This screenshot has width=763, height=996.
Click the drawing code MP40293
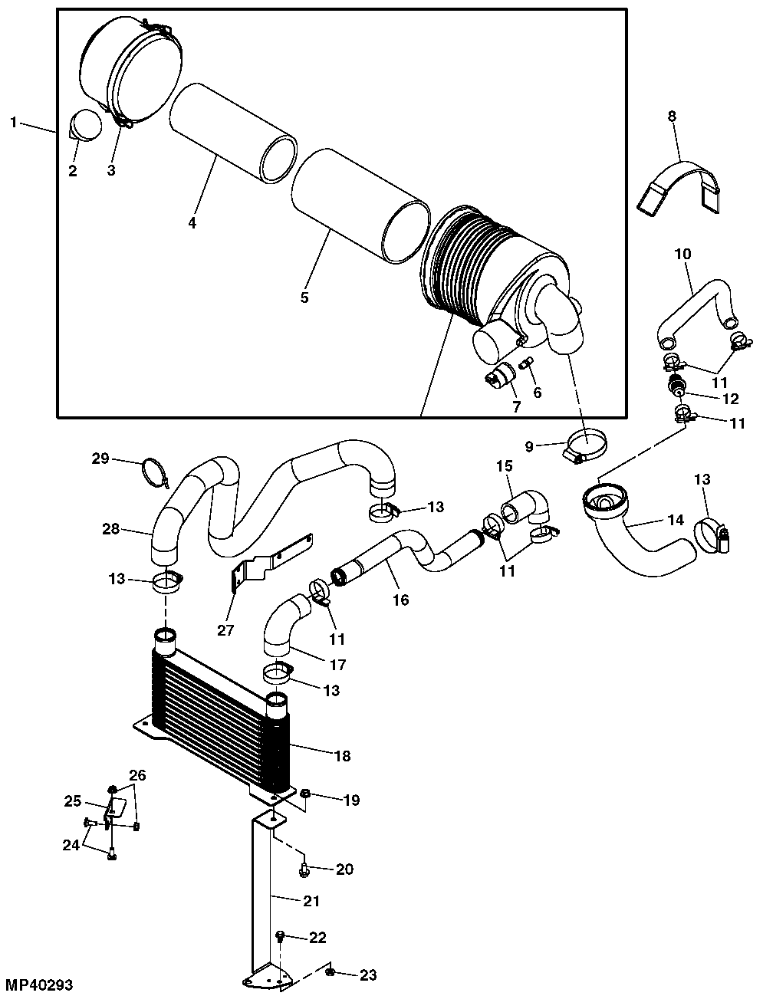pyautogui.click(x=39, y=984)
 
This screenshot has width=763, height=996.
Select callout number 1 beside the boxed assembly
pyautogui.click(x=14, y=123)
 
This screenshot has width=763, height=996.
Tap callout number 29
pyautogui.click(x=100, y=458)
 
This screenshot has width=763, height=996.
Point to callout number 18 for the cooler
pyautogui.click(x=342, y=756)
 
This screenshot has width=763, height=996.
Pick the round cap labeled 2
pyautogui.click(x=86, y=124)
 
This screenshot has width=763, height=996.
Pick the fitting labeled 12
pyautogui.click(x=676, y=383)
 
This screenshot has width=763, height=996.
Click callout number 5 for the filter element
pyautogui.click(x=304, y=297)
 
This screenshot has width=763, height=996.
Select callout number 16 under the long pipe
pyautogui.click(x=400, y=600)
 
